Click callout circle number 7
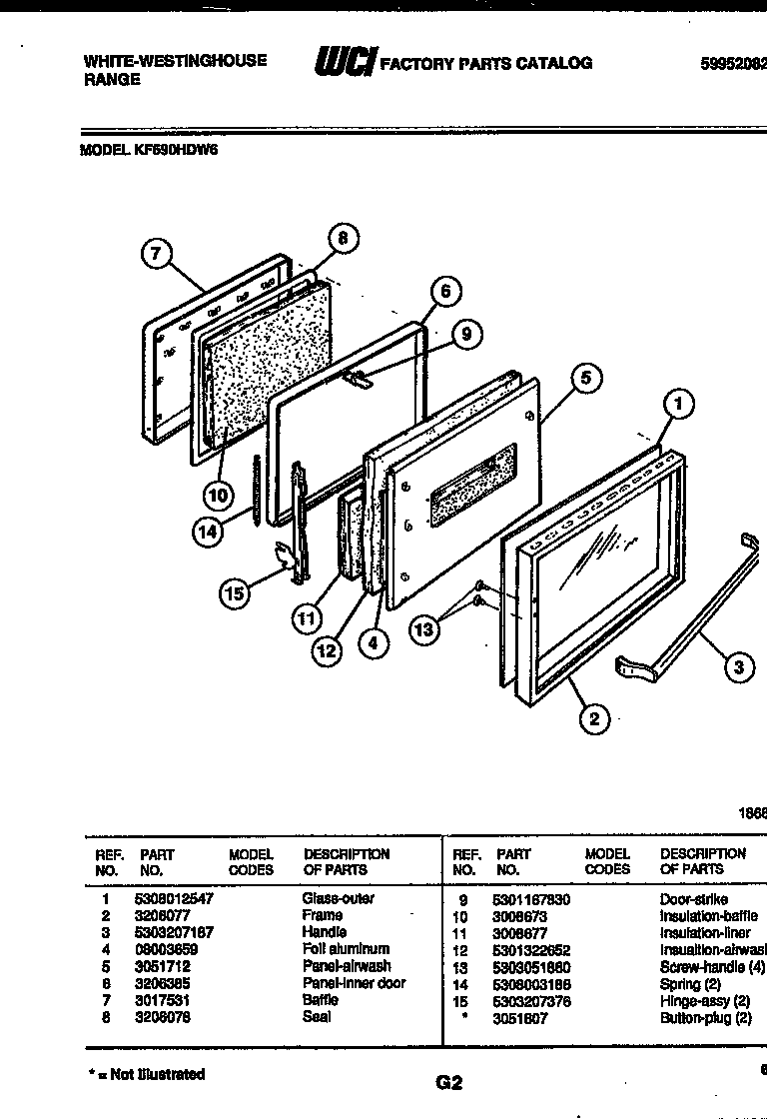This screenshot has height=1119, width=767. point(155,254)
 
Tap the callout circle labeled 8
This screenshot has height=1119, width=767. point(343,238)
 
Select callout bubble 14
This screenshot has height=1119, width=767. point(208,533)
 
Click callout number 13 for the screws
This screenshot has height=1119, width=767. point(425,628)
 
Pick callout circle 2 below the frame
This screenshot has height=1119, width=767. point(594,718)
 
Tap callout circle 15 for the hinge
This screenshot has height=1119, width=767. point(234,593)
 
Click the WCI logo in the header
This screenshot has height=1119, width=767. point(344,63)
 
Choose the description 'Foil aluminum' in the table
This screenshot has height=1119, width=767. point(346,949)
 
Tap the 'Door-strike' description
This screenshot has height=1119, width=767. point(693,899)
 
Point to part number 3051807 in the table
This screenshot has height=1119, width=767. point(519,1018)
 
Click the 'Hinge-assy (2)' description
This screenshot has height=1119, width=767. point(704,1001)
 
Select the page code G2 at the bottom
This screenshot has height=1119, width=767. point(449,1082)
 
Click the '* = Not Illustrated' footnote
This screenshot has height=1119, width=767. point(146,1074)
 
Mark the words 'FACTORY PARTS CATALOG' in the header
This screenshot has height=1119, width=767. point(488,63)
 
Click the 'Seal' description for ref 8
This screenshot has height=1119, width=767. point(317,1017)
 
